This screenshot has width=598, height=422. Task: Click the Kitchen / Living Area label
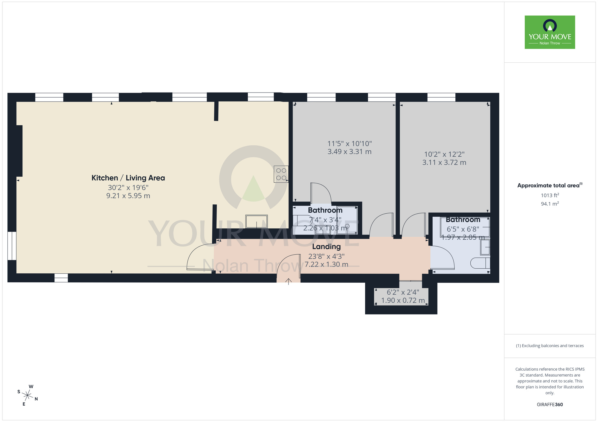128,178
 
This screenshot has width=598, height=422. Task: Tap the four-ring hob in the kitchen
281,174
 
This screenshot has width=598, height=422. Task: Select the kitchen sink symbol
257,221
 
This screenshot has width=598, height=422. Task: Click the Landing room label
326,247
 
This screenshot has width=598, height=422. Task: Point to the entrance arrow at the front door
288,281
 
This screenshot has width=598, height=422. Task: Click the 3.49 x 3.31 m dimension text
349,152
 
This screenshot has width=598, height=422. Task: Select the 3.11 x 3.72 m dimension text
444,163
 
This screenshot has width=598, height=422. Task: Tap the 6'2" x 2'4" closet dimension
403,292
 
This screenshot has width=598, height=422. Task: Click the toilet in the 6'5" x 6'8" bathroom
480,263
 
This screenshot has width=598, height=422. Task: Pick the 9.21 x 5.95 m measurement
128,196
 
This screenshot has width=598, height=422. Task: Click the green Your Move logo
550,32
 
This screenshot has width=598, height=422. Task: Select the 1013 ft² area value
550,195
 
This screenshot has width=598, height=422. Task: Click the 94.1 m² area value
550,204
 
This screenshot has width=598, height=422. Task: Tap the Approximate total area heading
550,185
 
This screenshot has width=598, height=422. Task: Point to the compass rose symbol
28,396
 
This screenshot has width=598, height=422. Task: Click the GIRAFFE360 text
550,405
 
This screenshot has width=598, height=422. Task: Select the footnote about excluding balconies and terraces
550,346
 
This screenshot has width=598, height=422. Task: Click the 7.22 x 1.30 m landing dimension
326,264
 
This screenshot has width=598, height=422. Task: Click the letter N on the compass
36,399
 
